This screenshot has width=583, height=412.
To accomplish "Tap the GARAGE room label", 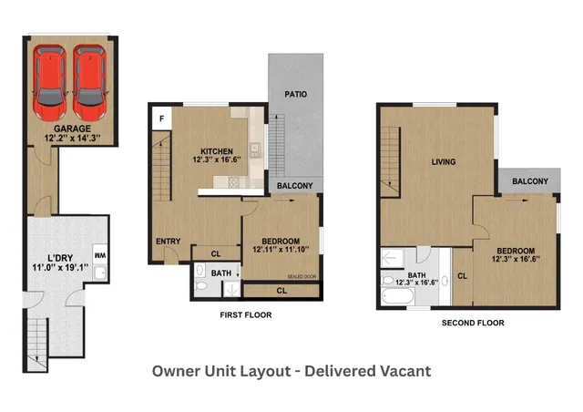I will tap(71, 129).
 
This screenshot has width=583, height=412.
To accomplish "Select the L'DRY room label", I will tap(44, 258).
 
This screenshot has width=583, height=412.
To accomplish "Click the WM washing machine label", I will tap(101, 256).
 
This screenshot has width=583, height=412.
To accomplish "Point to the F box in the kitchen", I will tap(161, 118).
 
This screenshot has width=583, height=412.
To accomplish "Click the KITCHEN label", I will tap(217, 151).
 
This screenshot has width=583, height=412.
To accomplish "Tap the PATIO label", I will tap(295, 94).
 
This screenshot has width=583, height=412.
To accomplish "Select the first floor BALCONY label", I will tap(295, 187).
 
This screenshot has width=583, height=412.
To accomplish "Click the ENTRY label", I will tap(168, 242).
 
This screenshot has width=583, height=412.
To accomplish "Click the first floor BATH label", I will tap(221, 272).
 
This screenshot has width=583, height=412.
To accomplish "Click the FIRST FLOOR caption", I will tap(246, 315).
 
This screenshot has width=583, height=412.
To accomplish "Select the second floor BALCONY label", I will tap(529, 181).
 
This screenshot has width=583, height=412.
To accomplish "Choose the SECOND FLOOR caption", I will tap(473, 323).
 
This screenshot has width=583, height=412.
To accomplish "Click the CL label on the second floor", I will tap(462, 275).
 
